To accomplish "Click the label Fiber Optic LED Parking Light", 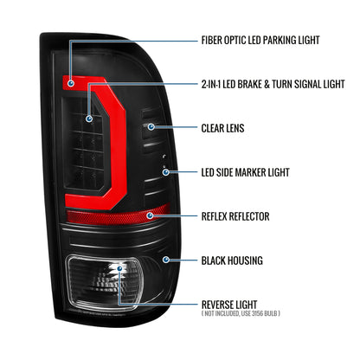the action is (260, 40).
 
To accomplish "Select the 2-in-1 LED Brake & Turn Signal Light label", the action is (273, 84).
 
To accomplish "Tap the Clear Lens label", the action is (222, 128).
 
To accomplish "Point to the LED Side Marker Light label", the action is (245, 172).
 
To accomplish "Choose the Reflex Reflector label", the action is (235, 216).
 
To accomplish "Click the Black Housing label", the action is (232, 260).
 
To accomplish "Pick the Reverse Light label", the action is (229, 305).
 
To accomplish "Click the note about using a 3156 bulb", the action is (241, 313).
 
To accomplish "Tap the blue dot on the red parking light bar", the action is (70, 84).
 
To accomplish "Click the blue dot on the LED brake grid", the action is (89, 119).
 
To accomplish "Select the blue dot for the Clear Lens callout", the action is (151, 126).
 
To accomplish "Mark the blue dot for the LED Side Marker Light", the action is (165, 172).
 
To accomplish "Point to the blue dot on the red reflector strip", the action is (150, 215).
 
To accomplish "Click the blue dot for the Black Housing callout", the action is (165, 260).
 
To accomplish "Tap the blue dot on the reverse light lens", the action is (119, 268).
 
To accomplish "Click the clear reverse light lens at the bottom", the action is (106, 283).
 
